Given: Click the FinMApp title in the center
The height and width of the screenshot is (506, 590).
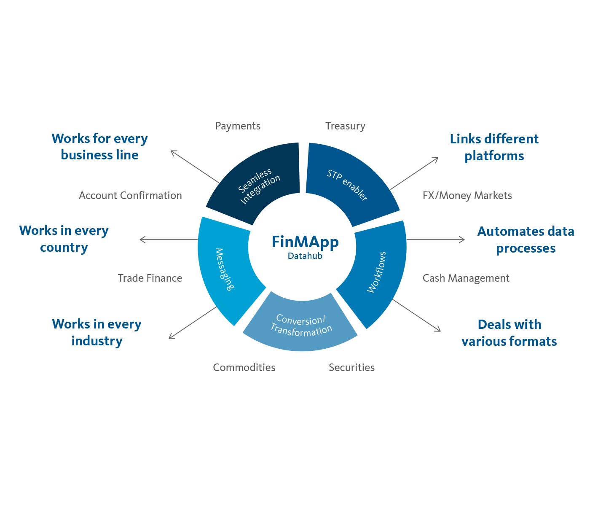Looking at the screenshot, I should pyautogui.click(x=305, y=242).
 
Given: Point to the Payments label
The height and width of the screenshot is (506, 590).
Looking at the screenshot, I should pyautogui.click(x=238, y=126).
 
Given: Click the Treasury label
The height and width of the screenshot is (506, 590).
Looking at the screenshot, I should pyautogui.click(x=345, y=126).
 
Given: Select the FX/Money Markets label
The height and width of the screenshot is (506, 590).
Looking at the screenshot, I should pyautogui.click(x=467, y=196).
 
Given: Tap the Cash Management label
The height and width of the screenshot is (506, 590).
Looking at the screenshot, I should pyautogui.click(x=466, y=278).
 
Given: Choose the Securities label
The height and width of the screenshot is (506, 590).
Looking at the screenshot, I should pyautogui.click(x=351, y=368).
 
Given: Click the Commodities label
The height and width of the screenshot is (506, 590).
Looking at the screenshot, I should pyautogui.click(x=244, y=368).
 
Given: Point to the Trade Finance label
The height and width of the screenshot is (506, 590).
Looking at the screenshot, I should pyautogui.click(x=150, y=278).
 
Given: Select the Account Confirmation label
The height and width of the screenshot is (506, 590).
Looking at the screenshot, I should pyautogui.click(x=130, y=196).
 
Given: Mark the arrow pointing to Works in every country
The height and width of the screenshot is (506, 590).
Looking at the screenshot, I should pyautogui.click(x=169, y=240).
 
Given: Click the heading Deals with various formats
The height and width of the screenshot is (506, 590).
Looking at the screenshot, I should pyautogui.click(x=509, y=333).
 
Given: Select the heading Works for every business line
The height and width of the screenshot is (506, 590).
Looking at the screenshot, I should pyautogui.click(x=100, y=147).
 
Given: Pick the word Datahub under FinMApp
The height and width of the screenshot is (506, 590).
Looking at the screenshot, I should pyautogui.click(x=305, y=256).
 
